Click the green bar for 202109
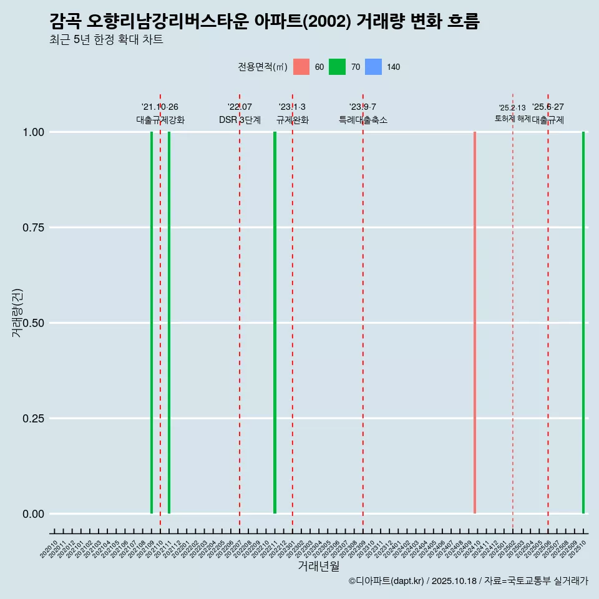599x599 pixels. click(x=152, y=323)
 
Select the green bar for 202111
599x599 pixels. click(x=169, y=323)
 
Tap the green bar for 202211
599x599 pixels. click(x=275, y=323)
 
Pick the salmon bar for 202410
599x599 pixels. click(x=475, y=323)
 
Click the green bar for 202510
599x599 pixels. click(x=583, y=323)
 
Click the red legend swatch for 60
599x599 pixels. click(x=301, y=67)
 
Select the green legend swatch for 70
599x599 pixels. click(x=338, y=67)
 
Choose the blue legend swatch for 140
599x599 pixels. click(x=373, y=67)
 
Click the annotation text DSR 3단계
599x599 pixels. click(x=240, y=120)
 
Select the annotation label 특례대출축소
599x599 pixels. click(x=363, y=120)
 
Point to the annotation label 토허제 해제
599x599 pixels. click(x=512, y=119)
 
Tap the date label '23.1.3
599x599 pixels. click(x=292, y=107)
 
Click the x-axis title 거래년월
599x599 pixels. click(x=319, y=567)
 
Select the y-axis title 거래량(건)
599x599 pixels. click(x=17, y=313)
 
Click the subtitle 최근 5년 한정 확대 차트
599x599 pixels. click(x=106, y=40)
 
